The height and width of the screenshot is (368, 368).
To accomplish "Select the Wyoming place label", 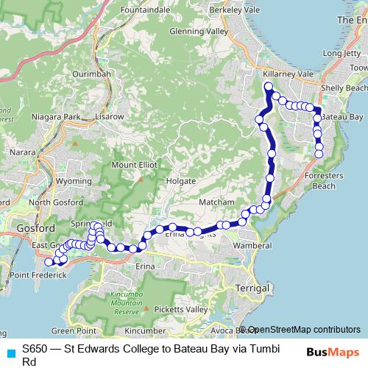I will [74, 180].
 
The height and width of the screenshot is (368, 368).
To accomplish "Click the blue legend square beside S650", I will [10, 352].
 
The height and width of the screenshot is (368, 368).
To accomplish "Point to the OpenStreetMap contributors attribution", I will [303, 330].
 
